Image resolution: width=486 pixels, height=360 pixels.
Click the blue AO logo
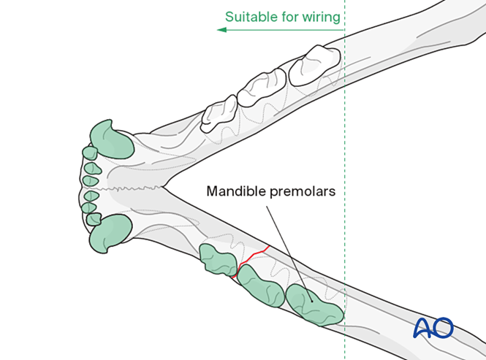click(433, 328)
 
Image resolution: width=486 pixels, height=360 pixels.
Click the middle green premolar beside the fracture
click(260, 285)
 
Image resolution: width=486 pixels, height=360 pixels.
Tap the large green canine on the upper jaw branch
click(110, 139)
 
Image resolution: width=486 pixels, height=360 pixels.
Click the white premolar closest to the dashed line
click(314, 64)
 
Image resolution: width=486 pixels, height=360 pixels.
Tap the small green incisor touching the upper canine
click(89, 153)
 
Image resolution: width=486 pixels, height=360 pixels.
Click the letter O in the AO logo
click(443, 328)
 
